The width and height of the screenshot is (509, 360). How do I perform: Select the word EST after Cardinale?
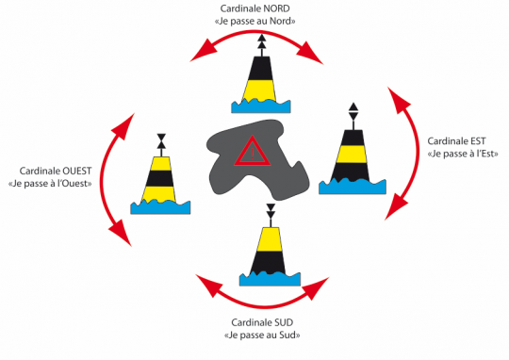[x=478, y=141]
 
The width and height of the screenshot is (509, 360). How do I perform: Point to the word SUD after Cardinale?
[x=284, y=322]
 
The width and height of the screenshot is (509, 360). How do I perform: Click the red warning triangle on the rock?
[x=253, y=152]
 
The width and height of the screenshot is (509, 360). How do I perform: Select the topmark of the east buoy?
[x=353, y=111]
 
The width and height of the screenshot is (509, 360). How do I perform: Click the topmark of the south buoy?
[x=271, y=211]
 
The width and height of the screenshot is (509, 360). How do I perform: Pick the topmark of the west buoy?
[x=161, y=141]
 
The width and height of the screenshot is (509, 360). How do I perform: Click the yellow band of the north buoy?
[x=259, y=90]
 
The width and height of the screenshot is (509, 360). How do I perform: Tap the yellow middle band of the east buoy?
[x=352, y=154]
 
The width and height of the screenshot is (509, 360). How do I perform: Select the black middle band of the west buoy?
[x=159, y=178]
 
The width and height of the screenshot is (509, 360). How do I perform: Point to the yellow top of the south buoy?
[x=270, y=239]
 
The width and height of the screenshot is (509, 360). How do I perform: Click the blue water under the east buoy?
[x=353, y=188]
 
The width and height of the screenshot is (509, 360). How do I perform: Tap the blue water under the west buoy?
[x=160, y=207]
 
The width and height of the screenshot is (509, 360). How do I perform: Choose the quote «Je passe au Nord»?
[x=255, y=22]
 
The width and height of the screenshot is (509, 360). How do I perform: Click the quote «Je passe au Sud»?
[x=262, y=335]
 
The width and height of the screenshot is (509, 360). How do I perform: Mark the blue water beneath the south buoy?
[x=271, y=279]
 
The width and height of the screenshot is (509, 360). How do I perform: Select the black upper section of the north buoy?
[x=260, y=69]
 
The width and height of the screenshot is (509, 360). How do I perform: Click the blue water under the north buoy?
[x=261, y=106]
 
